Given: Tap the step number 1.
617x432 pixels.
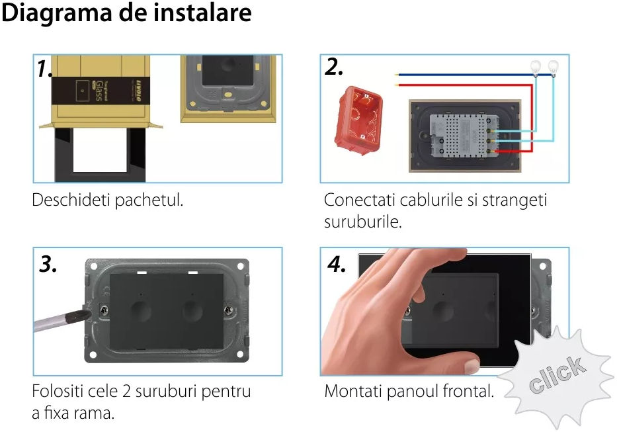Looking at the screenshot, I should [x=44, y=69].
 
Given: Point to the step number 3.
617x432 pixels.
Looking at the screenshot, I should [x=48, y=264].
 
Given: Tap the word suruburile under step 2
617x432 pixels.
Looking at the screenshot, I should [x=362, y=222].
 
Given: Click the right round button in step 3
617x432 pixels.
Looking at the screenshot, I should [x=192, y=309].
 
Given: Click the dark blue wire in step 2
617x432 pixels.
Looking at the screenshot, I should [x=463, y=75].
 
